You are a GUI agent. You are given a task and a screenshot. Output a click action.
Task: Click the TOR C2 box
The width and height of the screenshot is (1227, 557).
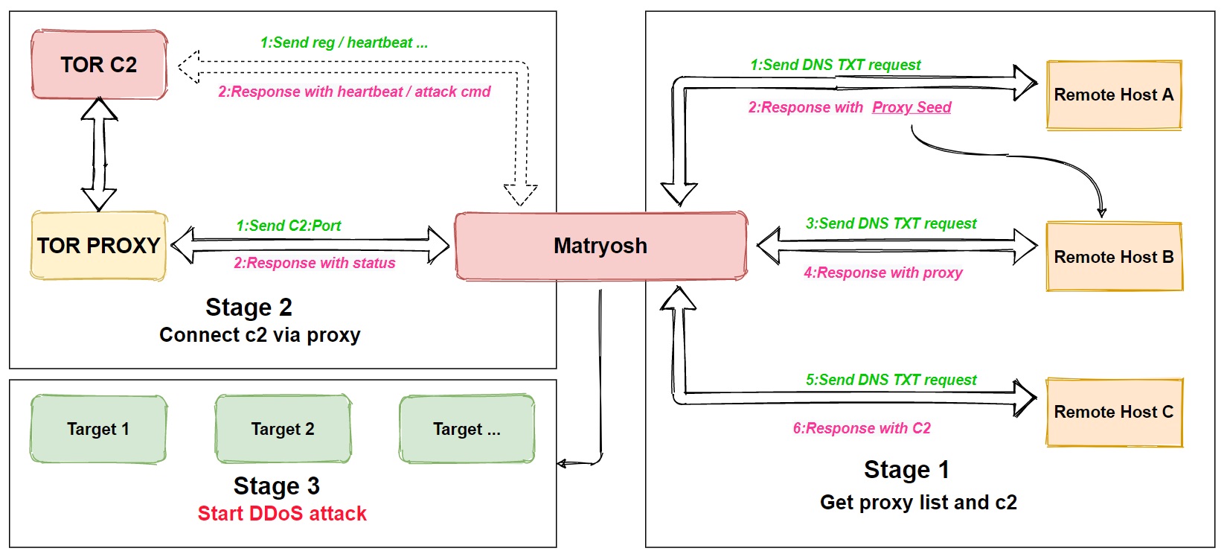[99, 65]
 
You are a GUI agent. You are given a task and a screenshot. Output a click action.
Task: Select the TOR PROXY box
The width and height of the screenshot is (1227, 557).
[98, 246]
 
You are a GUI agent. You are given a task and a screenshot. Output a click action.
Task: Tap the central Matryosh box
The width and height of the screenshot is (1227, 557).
[600, 246]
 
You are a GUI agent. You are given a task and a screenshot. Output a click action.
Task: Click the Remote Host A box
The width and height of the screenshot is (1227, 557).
[1113, 95]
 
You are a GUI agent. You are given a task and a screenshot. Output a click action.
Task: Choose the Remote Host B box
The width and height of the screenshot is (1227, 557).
[1113, 257]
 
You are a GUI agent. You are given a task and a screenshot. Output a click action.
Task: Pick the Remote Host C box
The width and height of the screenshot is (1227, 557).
[1113, 412]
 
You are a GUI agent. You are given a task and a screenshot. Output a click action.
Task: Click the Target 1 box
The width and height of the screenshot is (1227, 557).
[98, 429]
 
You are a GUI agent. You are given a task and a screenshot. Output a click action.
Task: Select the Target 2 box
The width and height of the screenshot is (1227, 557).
[283, 429]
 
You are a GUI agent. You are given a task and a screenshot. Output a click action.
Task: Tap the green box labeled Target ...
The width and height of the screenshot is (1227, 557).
[467, 429]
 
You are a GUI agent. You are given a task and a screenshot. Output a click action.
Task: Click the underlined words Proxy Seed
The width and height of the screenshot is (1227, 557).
[912, 107]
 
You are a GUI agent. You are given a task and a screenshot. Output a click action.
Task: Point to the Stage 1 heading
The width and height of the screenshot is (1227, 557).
[906, 470]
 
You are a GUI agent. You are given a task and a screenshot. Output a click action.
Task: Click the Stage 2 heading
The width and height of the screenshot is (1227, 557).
[249, 308]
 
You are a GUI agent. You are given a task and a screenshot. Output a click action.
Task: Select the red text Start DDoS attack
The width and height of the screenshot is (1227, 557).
[282, 514]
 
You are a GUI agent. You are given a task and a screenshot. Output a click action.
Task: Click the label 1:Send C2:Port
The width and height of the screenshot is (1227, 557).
[289, 226]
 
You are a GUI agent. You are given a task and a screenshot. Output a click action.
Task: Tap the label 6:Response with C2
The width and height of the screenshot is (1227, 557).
[862, 428]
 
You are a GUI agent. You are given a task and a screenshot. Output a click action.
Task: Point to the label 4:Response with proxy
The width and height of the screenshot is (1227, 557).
[883, 273]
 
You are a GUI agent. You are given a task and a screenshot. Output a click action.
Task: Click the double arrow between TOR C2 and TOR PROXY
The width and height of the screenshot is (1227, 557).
[99, 154]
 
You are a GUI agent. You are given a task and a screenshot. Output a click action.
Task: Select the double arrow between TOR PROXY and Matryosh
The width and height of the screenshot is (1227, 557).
[310, 245]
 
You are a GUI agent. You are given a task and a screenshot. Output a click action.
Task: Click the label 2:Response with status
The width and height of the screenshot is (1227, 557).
[315, 263]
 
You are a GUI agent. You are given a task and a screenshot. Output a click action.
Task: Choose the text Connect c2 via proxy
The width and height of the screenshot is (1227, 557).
[260, 335]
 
